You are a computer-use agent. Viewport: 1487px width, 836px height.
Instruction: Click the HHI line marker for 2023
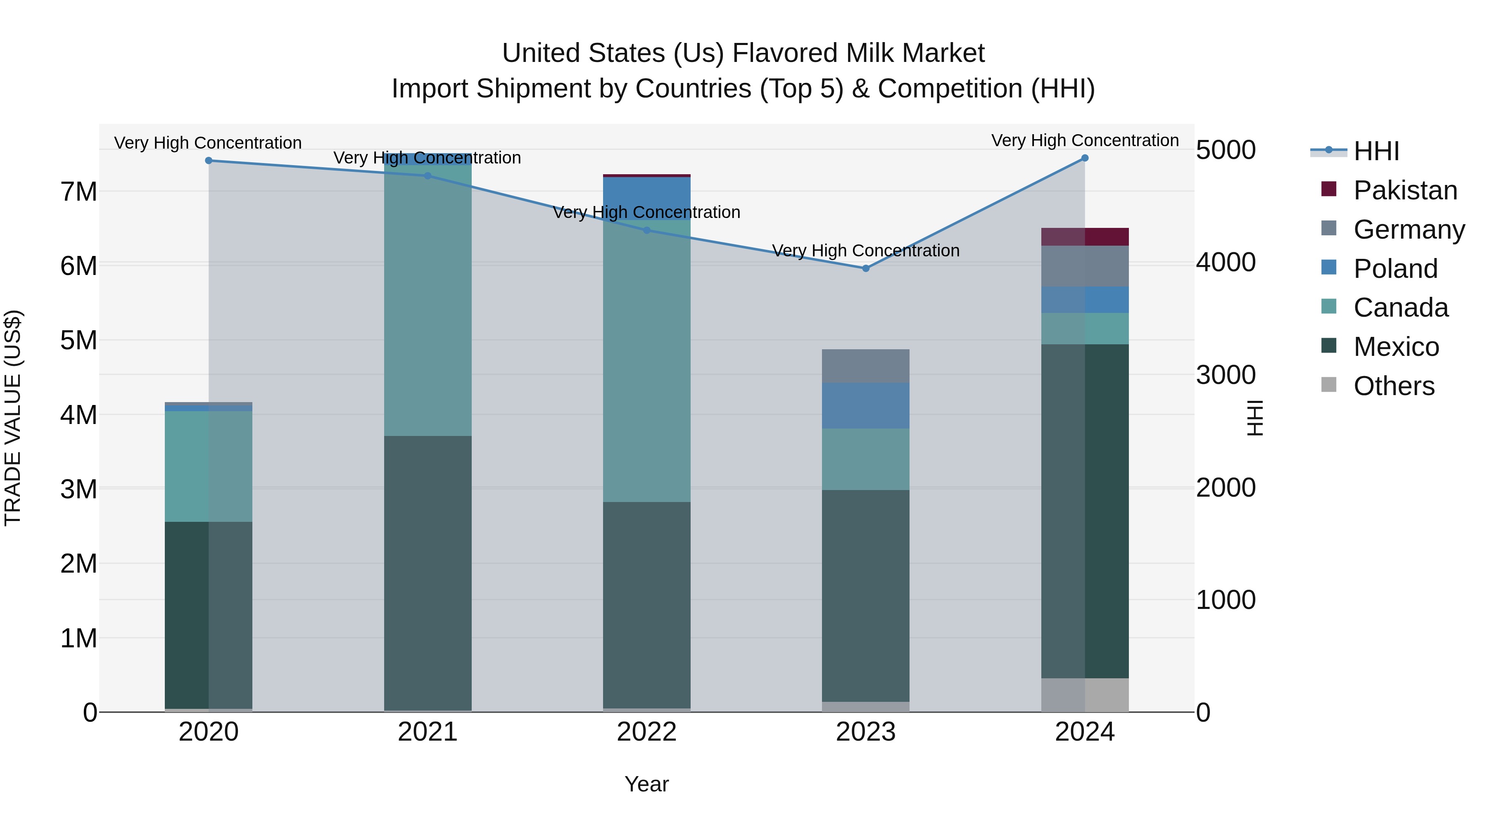pos(865,268)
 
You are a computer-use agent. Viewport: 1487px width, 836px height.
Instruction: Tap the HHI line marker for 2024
pos(1085,158)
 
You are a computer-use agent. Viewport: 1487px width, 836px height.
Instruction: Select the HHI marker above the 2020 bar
pos(209,161)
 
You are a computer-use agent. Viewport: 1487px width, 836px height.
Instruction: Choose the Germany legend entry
pos(1409,230)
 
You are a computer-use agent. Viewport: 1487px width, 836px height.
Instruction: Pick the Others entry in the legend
pos(1394,386)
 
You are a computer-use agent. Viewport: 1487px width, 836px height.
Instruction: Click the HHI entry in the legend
pos(1376,151)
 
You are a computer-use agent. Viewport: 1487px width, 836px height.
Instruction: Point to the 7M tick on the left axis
pos(78,192)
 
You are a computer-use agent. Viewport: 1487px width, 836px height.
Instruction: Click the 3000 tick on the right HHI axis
pos(1226,375)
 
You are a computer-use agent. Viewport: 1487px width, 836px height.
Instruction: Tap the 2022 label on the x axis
pos(646,732)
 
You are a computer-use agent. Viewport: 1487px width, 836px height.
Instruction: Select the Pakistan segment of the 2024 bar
pos(1085,237)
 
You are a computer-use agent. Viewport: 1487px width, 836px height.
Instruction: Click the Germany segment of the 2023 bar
pos(865,366)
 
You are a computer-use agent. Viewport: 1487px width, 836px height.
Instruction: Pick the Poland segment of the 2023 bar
pos(865,405)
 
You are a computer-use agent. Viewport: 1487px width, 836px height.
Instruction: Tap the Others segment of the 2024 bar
pos(1085,695)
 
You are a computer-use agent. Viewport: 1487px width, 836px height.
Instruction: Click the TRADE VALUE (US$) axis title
pos(13,418)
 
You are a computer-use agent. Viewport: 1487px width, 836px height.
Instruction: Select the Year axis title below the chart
pos(646,784)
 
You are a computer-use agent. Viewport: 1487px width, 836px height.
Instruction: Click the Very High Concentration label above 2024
pos(1085,140)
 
